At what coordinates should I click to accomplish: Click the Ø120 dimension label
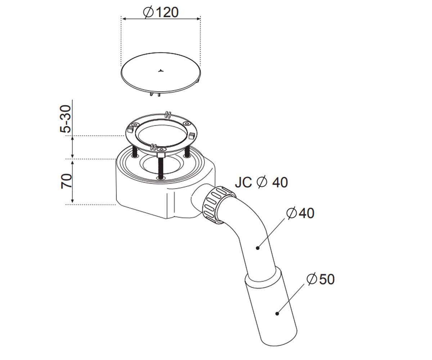coord(161,12)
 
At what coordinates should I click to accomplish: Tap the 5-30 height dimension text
coord(66,119)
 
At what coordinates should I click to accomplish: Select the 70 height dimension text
coord(66,181)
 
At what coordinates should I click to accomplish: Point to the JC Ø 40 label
coord(261,182)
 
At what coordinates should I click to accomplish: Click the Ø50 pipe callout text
coord(320,279)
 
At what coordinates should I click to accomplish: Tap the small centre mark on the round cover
coord(161,71)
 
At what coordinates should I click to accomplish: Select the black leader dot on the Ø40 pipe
coord(258,248)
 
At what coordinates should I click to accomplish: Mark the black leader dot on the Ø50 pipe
coord(277,314)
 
